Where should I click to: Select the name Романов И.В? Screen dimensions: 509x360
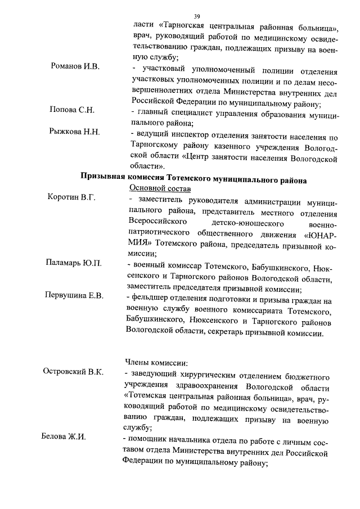[75, 67]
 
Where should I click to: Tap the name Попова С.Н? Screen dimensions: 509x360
[72, 110]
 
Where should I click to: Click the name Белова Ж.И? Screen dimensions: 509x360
[64, 438]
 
